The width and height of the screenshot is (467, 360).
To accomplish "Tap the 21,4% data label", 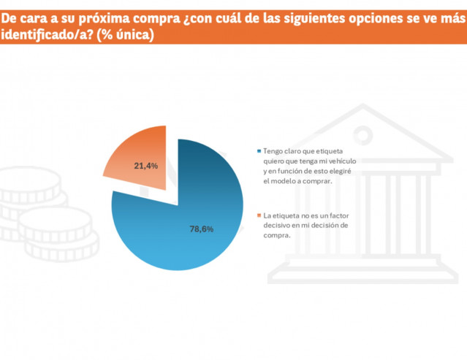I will point(146,166).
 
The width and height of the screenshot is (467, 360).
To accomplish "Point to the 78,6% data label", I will point(202,229).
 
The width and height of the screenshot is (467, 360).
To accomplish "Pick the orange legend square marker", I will point(258,216).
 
